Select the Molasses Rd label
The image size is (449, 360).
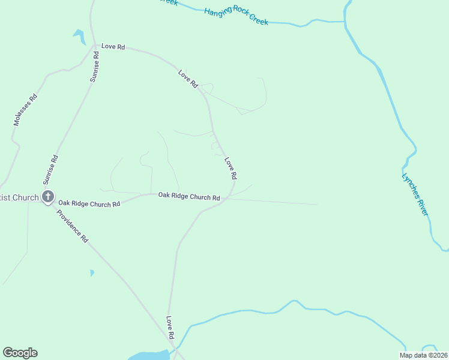(x=25, y=110)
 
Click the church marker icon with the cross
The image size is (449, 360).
(x=47, y=196)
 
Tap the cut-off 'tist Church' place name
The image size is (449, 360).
(x=19, y=197)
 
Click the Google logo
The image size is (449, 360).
(x=20, y=353)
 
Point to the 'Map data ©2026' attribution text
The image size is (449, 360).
(x=423, y=355)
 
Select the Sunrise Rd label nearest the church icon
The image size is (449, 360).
(x=50, y=170)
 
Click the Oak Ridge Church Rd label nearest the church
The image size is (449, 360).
(x=89, y=204)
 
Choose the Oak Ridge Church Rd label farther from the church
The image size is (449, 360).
(x=188, y=196)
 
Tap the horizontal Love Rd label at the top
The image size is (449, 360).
(x=113, y=47)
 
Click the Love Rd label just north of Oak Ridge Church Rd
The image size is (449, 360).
(x=231, y=169)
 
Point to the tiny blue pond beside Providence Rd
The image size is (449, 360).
(x=91, y=273)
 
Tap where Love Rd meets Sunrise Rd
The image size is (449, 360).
(x=95, y=46)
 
